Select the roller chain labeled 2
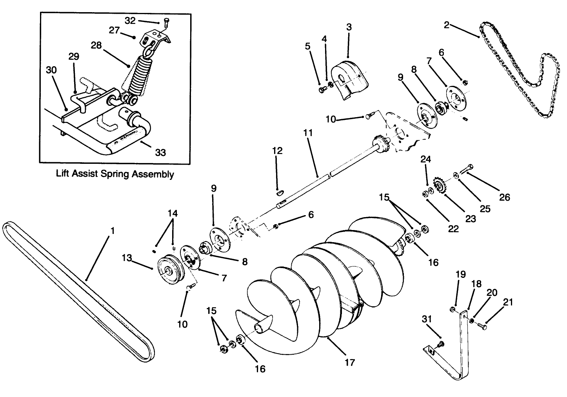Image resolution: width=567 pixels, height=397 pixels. click(x=518, y=74)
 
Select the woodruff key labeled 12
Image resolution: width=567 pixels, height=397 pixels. click(x=278, y=192)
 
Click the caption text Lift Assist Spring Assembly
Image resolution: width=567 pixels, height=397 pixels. click(x=115, y=174)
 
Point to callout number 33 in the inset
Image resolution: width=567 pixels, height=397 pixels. click(x=160, y=153)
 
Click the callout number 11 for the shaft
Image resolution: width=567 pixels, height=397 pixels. click(x=308, y=133)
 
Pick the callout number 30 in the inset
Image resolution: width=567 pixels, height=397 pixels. click(x=51, y=70)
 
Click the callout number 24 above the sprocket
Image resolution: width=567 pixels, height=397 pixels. click(x=426, y=159)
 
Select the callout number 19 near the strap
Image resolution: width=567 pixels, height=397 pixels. click(x=461, y=274)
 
